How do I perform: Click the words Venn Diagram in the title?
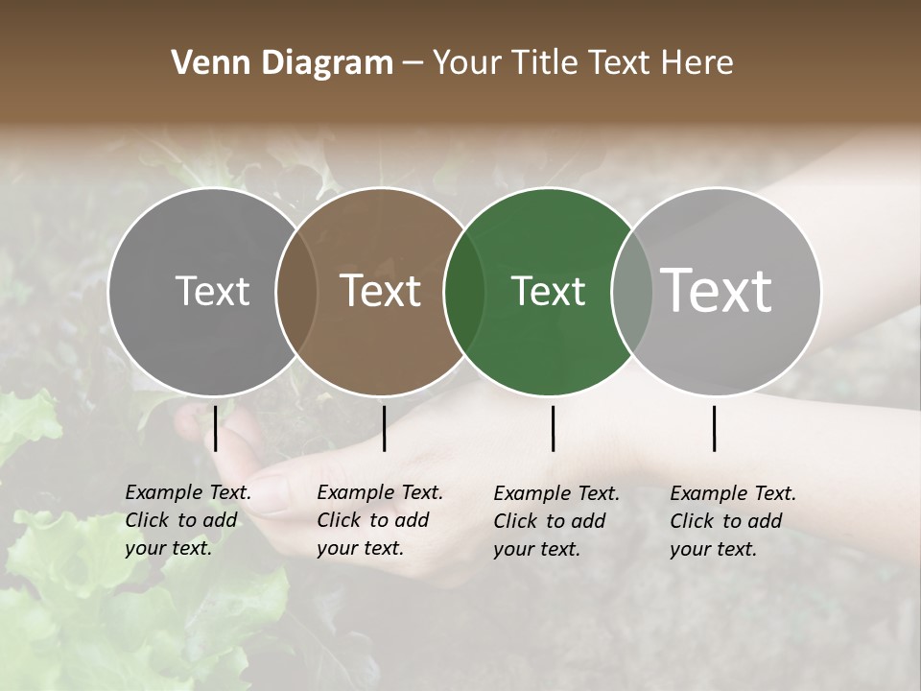[x=282, y=63]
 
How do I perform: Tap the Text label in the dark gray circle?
[x=212, y=291]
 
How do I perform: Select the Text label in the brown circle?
[x=381, y=291]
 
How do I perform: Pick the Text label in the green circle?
[x=548, y=291]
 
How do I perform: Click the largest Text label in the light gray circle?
[x=717, y=291]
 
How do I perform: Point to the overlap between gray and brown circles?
[x=296, y=291]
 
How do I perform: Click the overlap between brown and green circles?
[x=464, y=291]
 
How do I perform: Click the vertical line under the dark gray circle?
[x=216, y=428]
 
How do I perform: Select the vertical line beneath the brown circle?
[x=384, y=428]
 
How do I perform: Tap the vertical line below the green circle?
[x=554, y=428]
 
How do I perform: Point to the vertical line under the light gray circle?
[x=715, y=428]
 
